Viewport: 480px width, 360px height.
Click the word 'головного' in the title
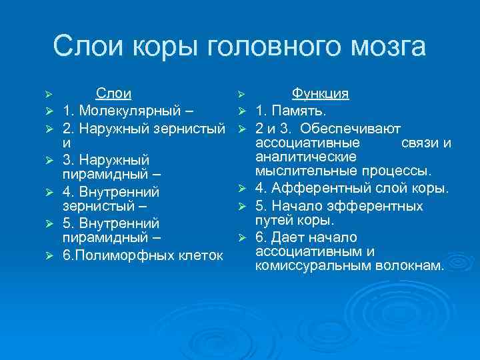(279, 48)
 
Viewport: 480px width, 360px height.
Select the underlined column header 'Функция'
(321, 93)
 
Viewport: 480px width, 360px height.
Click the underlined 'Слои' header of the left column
(113, 93)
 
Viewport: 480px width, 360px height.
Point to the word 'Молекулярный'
(127, 109)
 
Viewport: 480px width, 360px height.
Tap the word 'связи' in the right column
(421, 142)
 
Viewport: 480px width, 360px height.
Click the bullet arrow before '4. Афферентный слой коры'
(244, 191)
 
